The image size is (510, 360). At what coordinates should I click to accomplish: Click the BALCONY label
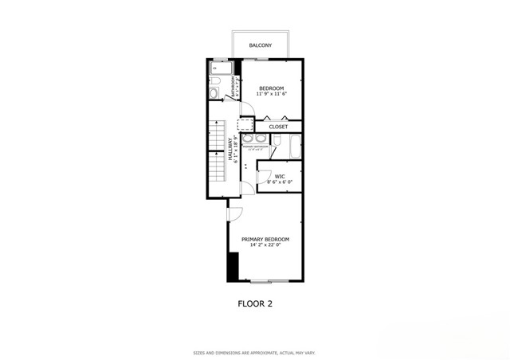(x=259, y=45)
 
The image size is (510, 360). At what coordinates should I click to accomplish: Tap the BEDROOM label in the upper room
(x=272, y=88)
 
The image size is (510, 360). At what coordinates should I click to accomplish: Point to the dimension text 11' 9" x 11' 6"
(x=272, y=94)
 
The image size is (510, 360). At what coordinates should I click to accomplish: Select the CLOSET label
(x=278, y=127)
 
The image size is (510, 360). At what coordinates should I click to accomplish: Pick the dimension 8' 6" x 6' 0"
(x=280, y=182)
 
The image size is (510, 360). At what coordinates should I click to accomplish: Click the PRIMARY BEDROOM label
(x=265, y=239)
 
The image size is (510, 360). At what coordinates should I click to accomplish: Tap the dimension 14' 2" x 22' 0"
(x=265, y=245)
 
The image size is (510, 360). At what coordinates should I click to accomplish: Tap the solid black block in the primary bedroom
(x=233, y=267)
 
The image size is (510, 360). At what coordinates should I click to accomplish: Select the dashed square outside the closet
(x=245, y=125)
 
